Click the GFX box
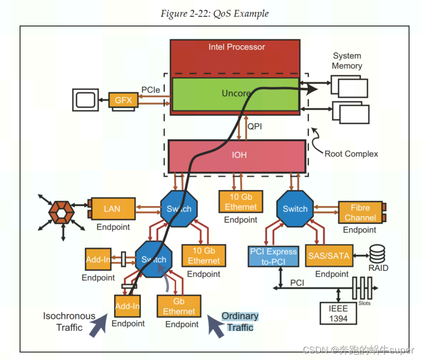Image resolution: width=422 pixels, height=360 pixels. [x=123, y=100]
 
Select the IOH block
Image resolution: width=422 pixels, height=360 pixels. [x=237, y=155]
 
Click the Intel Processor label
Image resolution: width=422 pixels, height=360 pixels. [x=236, y=47]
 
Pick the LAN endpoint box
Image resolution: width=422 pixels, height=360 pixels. [x=112, y=208]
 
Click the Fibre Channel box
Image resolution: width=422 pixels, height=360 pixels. [x=360, y=213]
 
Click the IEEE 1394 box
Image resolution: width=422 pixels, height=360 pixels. [x=338, y=313]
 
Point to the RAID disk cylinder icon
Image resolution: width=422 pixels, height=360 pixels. [x=378, y=253]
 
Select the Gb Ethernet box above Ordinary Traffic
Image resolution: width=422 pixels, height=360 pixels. [x=179, y=306]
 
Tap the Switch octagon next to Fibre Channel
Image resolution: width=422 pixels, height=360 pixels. [x=295, y=209]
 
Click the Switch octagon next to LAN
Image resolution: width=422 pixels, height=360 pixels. [x=179, y=209]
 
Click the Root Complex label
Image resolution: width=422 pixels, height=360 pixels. [x=351, y=154]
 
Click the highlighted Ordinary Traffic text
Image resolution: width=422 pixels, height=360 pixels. [x=240, y=322]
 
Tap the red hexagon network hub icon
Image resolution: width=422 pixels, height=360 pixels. [x=61, y=214]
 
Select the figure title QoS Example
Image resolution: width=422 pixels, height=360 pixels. [x=214, y=14]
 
